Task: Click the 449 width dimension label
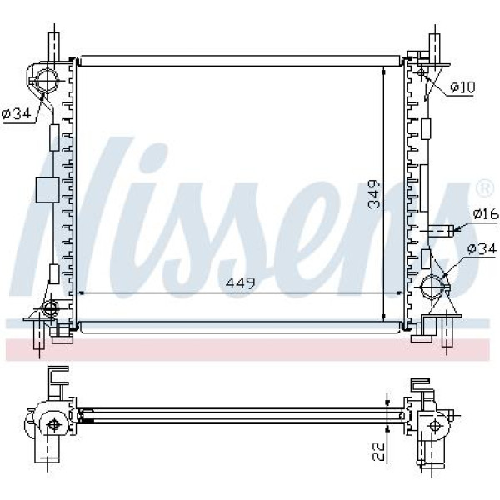coord(241,282)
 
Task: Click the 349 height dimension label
coord(374,194)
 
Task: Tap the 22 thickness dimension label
coord(378,452)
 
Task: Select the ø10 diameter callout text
coord(462,87)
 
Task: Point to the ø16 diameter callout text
coord(486,213)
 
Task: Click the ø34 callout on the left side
coord(17,112)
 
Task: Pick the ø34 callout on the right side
coord(482,248)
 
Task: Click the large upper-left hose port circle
coord(47,80)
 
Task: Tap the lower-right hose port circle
coord(432,286)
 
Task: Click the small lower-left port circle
coord(50,307)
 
